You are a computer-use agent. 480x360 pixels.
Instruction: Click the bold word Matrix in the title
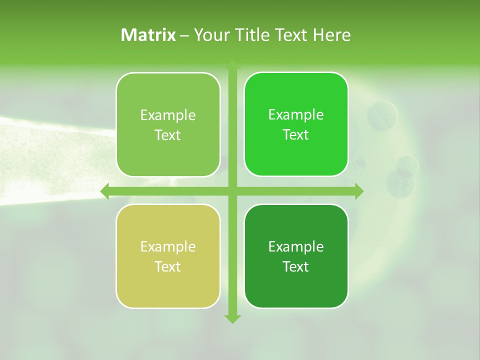click(148, 35)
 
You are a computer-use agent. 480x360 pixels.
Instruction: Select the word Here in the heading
click(332, 35)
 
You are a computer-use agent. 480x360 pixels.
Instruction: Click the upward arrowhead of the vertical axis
click(232, 65)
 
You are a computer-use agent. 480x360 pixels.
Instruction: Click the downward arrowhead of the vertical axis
click(232, 318)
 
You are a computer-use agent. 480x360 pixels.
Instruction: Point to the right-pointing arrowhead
click(359, 191)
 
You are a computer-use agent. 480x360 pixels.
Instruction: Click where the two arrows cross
click(232, 191)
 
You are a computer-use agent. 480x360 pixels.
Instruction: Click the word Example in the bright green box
click(296, 115)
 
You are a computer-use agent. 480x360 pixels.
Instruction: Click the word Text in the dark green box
click(296, 266)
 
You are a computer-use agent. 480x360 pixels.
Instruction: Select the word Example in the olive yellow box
click(168, 246)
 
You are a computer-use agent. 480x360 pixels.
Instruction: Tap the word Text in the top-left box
click(168, 135)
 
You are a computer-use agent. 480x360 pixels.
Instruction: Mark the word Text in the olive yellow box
click(168, 266)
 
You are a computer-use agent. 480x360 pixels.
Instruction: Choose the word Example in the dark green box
click(296, 246)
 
